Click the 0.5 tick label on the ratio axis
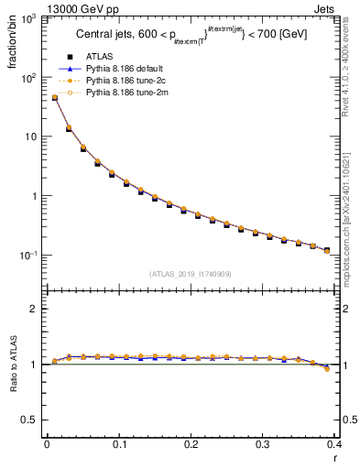pyautogui.click(x=32, y=420)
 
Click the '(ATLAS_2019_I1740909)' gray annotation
pyautogui.click(x=191, y=274)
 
